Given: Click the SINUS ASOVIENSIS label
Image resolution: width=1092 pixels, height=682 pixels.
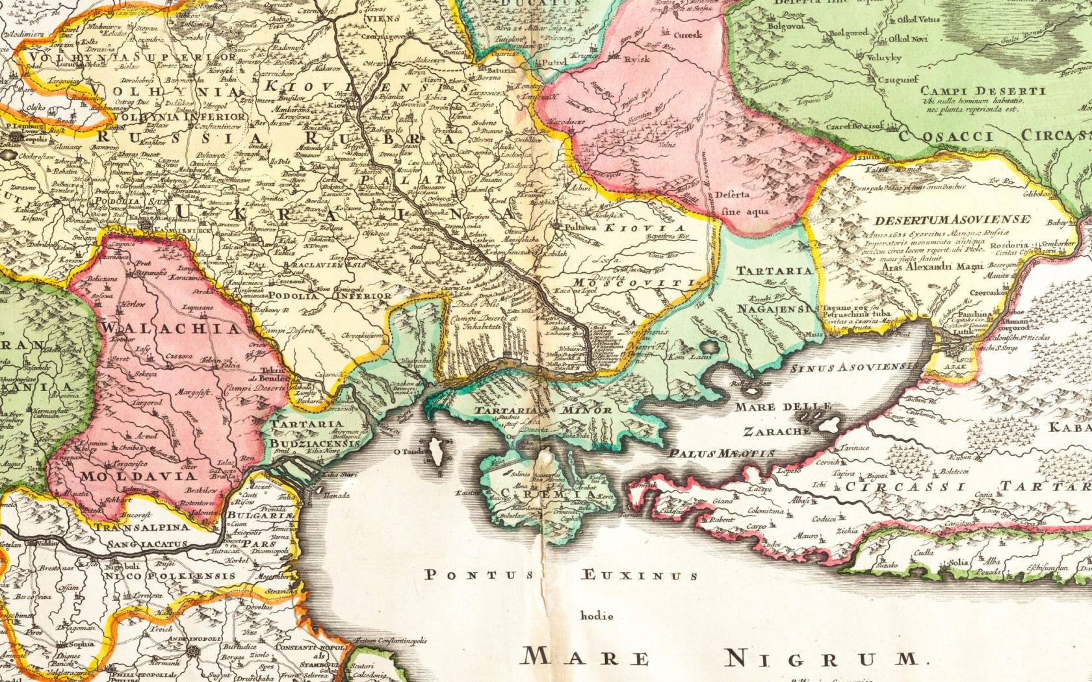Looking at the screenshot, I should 855,368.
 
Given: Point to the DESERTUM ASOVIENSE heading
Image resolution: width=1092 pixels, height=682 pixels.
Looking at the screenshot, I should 952,219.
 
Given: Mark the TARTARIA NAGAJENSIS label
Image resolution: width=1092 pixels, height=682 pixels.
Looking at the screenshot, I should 774,289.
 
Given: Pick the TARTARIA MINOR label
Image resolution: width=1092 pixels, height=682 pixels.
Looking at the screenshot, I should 542,410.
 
